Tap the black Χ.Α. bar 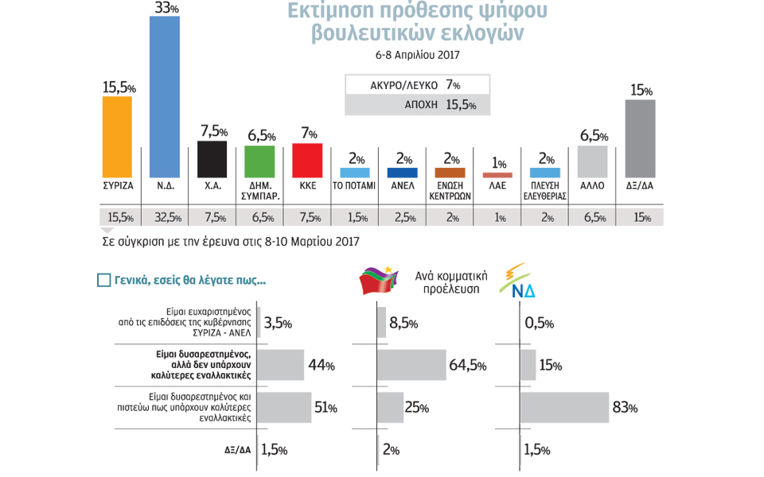[212, 159]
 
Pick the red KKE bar [307, 160]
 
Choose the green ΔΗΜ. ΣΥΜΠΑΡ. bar [259, 161]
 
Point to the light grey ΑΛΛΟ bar [592, 161]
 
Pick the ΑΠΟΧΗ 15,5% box [417, 105]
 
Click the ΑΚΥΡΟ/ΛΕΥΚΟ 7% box [417, 85]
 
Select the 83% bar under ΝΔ [564, 408]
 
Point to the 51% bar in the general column [285, 408]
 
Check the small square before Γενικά [103, 280]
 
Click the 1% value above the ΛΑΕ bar [499, 163]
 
